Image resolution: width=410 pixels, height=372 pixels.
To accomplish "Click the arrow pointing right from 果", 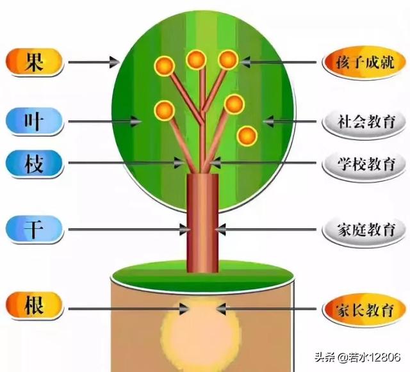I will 94,62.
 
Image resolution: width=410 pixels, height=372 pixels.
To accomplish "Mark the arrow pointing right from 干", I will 128,229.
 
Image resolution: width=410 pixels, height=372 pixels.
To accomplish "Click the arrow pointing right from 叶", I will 106,120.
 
